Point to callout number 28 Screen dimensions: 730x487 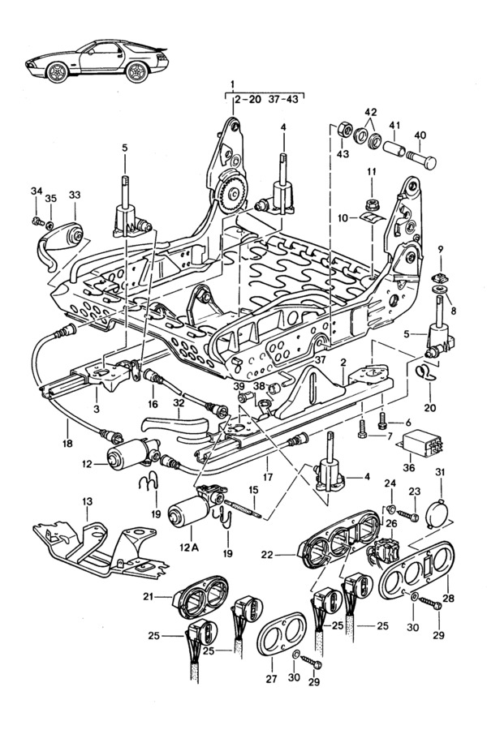449,598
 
